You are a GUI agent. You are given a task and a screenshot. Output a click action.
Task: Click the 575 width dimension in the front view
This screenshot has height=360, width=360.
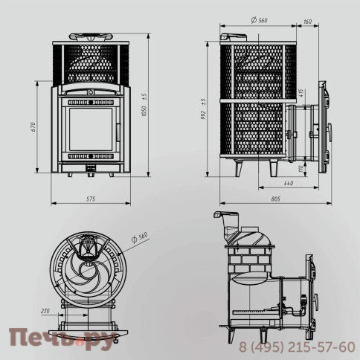(90, 199)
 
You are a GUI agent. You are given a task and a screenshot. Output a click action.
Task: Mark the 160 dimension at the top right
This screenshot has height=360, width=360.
(307, 21)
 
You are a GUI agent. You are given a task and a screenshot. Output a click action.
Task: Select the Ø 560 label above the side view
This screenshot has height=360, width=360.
(258, 21)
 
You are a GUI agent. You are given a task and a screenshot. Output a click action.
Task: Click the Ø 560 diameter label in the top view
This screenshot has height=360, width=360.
(138, 237)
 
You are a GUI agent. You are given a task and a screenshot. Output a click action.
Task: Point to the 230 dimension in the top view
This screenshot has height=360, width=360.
(45, 310)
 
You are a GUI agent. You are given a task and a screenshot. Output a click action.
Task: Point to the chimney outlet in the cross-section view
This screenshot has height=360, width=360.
(225, 218)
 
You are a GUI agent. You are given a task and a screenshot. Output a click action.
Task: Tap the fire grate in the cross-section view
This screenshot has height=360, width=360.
(257, 309)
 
